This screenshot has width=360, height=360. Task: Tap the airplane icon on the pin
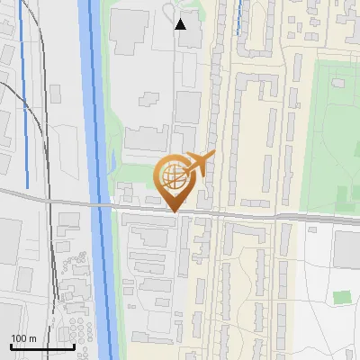coord(199,163)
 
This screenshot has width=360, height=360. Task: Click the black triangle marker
coord(181,24)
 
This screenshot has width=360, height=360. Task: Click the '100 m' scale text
coord(23,338)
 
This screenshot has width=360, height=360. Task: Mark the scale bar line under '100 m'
coord(41,346)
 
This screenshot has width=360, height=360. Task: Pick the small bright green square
coord(340,297)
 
